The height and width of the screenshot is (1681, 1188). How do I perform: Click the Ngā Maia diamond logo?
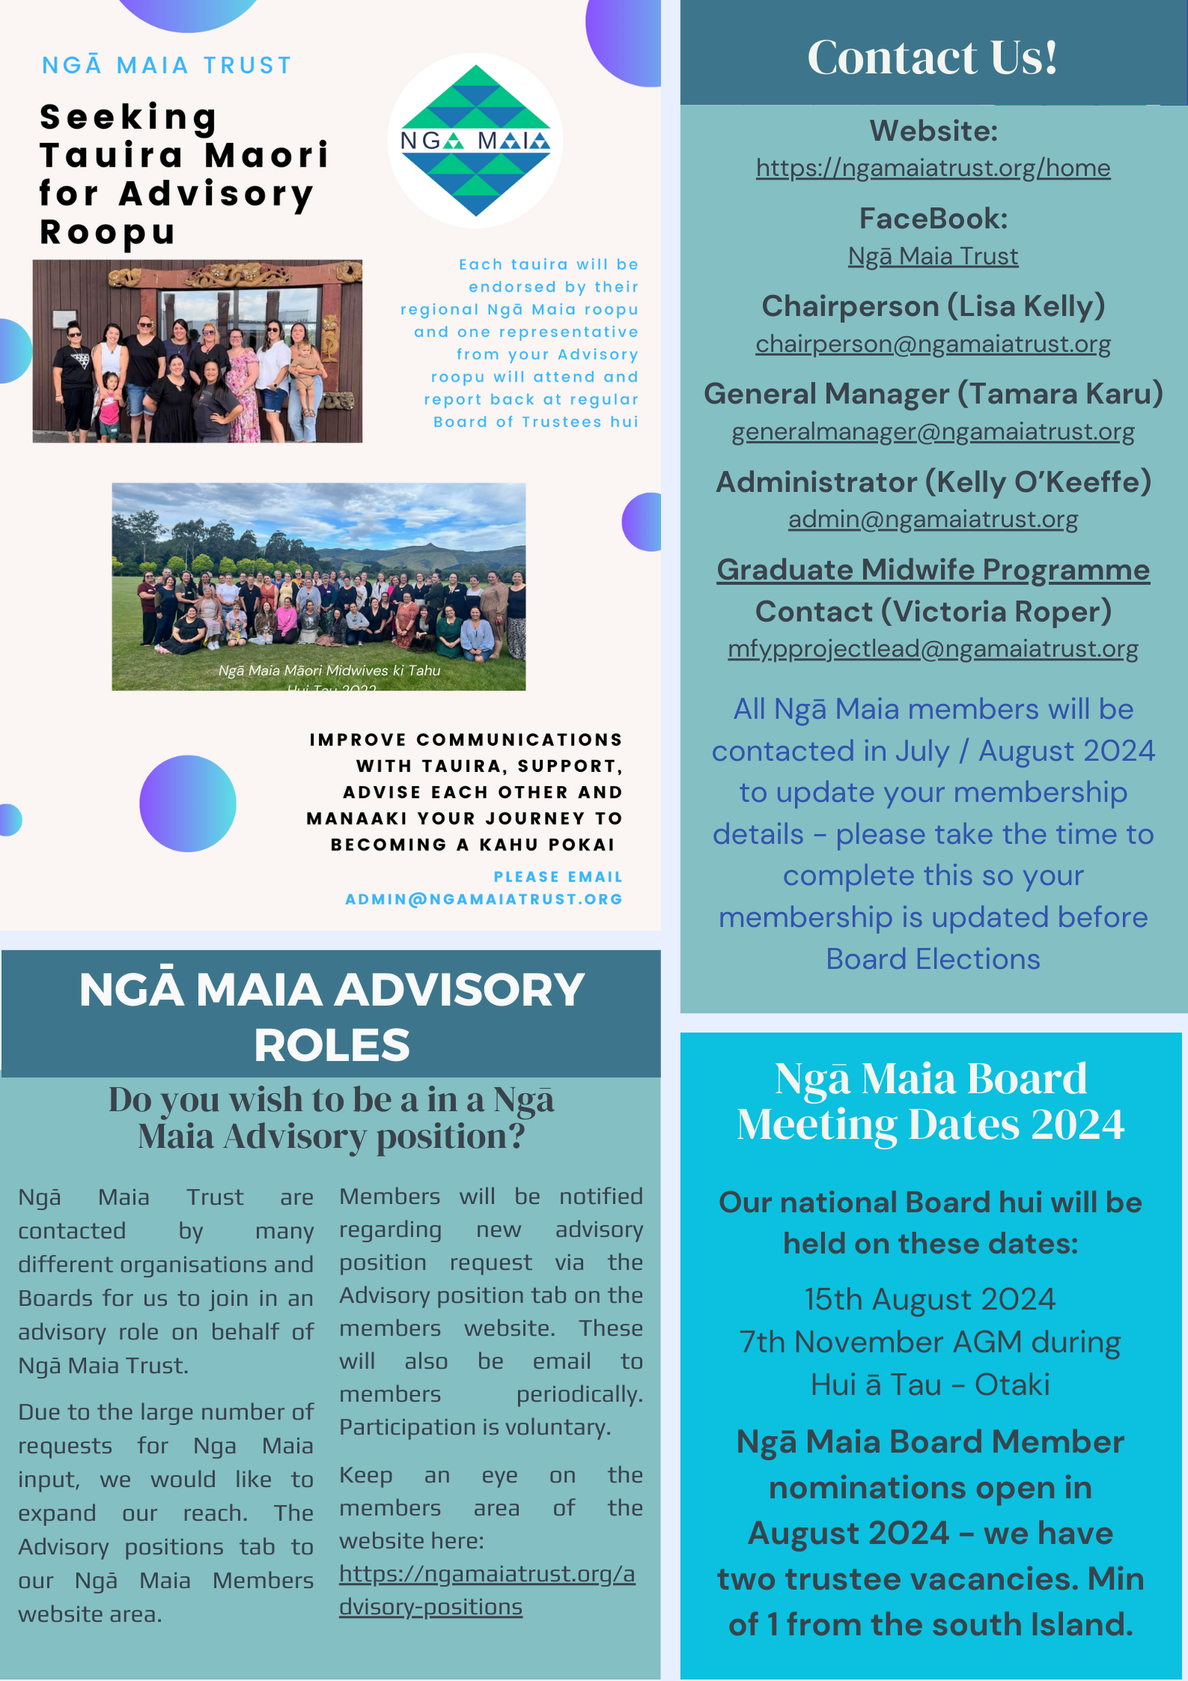tap(475, 141)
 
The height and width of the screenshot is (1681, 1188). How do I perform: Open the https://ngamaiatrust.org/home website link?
tap(933, 168)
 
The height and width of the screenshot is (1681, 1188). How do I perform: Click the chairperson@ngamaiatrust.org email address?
tap(933, 344)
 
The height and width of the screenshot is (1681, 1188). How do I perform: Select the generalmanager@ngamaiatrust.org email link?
tap(933, 431)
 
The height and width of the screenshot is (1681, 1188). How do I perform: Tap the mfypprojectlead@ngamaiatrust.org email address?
tap(933, 648)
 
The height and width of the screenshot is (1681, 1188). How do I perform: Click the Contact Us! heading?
tap(932, 57)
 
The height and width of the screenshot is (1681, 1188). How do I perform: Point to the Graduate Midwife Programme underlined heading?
tap(933, 570)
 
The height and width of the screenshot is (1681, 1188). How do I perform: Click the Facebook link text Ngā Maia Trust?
tap(933, 256)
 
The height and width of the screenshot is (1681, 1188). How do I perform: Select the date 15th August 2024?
tap(930, 1299)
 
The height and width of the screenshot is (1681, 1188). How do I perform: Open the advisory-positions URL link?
tap(487, 1590)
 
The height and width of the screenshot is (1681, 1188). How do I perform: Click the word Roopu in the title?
tap(107, 232)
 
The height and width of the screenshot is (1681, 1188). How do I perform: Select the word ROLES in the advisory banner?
tap(332, 1045)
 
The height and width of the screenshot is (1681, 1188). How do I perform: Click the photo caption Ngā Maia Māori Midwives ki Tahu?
tap(329, 671)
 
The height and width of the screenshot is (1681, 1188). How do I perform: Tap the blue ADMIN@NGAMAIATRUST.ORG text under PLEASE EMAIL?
tap(484, 899)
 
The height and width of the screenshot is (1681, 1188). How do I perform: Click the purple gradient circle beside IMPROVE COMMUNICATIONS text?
tap(188, 803)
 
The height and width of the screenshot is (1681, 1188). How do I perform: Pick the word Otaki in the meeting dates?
tap(1012, 1385)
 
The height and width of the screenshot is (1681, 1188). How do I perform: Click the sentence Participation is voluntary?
tap(475, 1427)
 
